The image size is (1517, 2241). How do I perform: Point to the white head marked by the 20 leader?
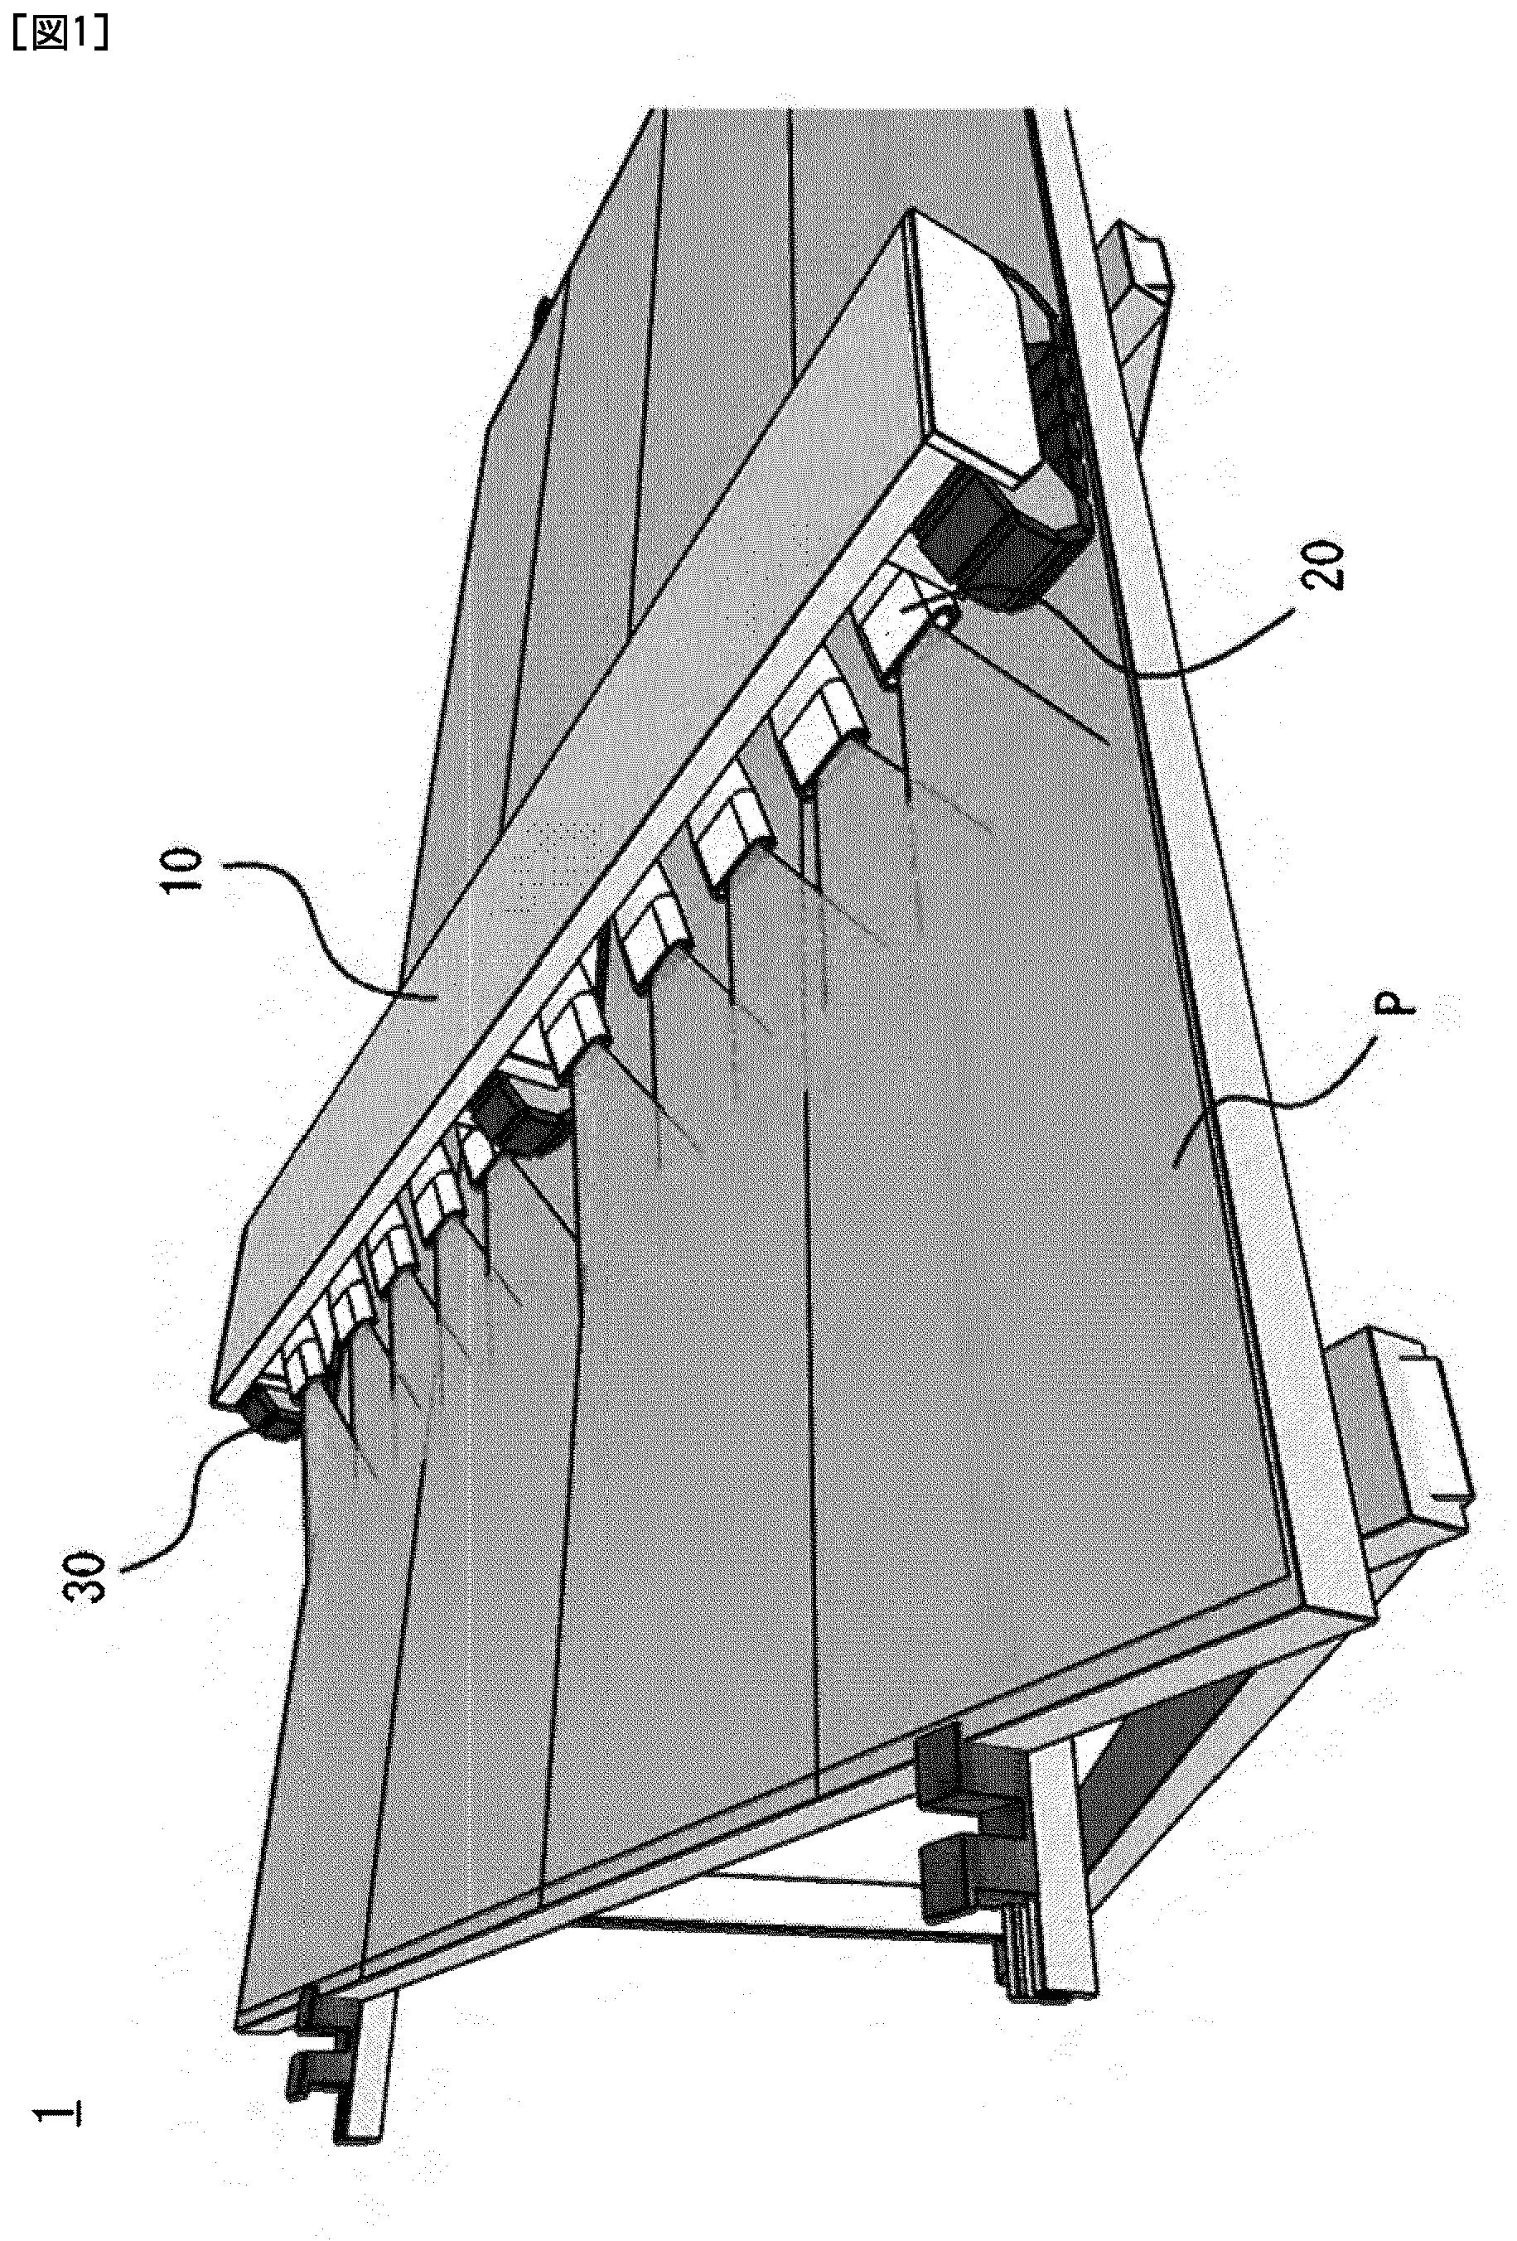pos(906,622)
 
